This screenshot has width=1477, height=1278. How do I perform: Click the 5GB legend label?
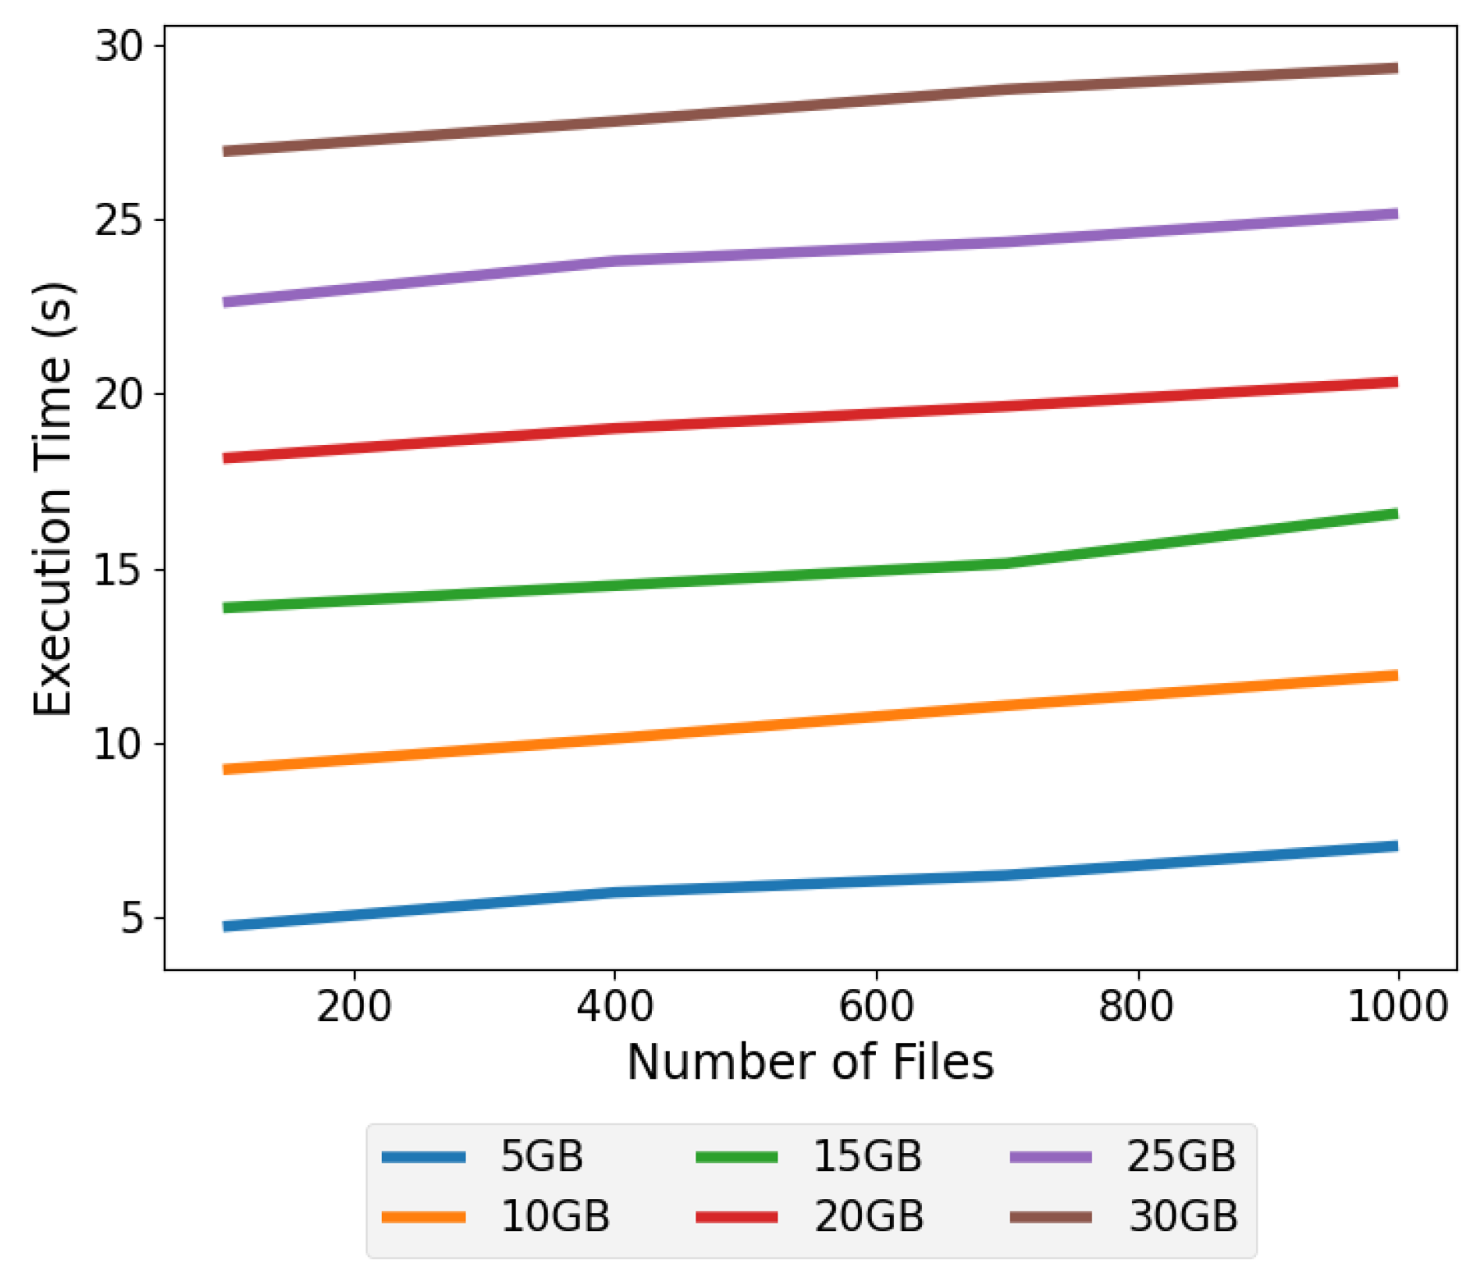point(542,1156)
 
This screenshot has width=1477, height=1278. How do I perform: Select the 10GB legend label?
point(555,1216)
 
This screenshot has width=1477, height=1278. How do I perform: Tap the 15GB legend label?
point(867,1156)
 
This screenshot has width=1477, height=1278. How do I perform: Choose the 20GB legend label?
point(869,1216)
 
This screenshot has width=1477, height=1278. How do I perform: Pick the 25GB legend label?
point(1181,1156)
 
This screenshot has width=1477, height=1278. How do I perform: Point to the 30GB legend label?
point(1183,1216)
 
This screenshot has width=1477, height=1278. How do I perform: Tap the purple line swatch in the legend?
point(1051,1157)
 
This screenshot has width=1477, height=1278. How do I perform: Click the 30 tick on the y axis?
point(119,46)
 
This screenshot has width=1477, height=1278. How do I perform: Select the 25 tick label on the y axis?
point(119,221)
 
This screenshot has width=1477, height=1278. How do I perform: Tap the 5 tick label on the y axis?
point(133,919)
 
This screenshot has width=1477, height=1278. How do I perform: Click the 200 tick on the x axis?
point(354,1006)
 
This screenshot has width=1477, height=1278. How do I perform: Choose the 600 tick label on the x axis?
point(876,1006)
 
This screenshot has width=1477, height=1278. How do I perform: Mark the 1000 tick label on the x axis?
point(1397,1006)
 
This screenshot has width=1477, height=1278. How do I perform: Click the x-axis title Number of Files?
point(810,1063)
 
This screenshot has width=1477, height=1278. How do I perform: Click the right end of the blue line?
point(1396,846)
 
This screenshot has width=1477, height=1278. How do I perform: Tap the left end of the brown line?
point(226,151)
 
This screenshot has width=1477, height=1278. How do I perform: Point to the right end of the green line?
point(1396,514)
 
